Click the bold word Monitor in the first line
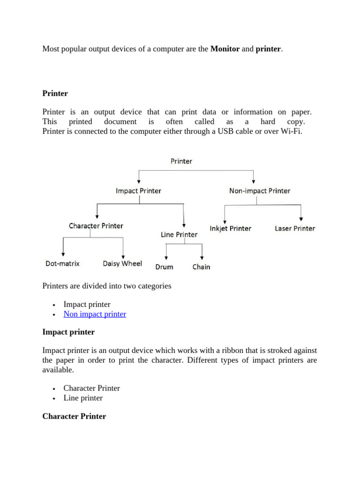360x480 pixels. [x=225, y=48]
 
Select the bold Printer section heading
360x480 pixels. [x=55, y=93]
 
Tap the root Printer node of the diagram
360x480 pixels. [x=181, y=161]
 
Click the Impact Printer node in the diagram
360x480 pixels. [x=138, y=191]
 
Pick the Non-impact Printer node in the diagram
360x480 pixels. [x=259, y=191]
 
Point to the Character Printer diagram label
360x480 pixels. [x=96, y=226]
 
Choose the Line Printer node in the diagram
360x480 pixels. [x=179, y=234]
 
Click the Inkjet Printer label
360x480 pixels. [x=230, y=229]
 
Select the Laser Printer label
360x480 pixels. [x=295, y=229]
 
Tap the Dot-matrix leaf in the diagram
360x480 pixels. [x=62, y=263]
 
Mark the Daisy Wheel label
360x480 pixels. [x=122, y=263]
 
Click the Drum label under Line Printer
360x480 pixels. [x=164, y=267]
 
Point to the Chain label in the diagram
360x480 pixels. [x=201, y=267]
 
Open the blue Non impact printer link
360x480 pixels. [x=95, y=314]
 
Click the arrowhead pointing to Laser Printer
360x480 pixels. [x=300, y=218]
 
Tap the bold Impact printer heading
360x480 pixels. [x=68, y=332]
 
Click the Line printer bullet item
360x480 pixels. [x=83, y=398]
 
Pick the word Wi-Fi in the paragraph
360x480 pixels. [x=292, y=131]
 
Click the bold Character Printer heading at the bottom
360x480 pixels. [x=74, y=416]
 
